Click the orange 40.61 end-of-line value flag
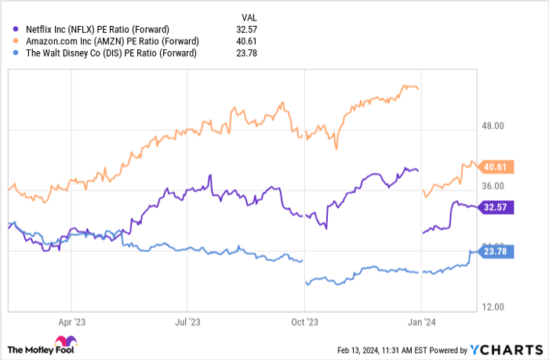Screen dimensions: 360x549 tap(497, 166)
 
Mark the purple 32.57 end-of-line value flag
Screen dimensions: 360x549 tap(497, 207)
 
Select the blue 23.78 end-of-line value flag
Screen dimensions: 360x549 tap(497, 252)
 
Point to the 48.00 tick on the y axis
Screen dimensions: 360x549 tap(497, 125)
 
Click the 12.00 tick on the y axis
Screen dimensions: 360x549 tap(497, 307)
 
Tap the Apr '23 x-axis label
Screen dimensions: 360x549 tap(71, 321)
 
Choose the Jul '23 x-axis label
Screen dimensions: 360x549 tap(187, 321)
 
